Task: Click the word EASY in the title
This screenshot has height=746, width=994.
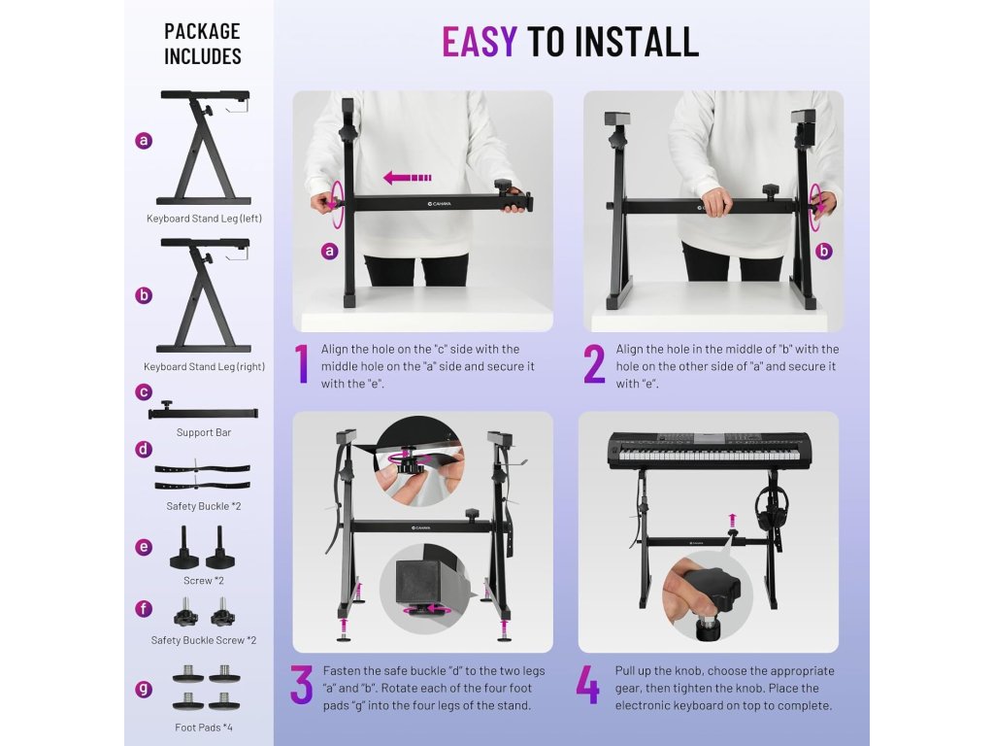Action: (480, 42)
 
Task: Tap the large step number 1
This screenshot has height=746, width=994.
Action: (303, 364)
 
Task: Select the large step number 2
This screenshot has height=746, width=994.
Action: (594, 364)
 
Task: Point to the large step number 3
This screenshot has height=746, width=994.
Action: (302, 685)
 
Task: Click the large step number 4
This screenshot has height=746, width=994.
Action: (587, 685)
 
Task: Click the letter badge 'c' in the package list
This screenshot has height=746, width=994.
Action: (144, 392)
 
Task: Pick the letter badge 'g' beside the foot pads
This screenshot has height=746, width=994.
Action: (144, 689)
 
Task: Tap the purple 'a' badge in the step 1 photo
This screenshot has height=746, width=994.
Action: (329, 252)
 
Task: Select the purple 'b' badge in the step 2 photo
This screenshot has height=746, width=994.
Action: (823, 252)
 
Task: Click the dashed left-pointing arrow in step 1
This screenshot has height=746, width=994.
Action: (408, 178)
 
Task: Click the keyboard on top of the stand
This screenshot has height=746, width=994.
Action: (710, 451)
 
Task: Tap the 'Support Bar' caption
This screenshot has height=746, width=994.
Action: (204, 432)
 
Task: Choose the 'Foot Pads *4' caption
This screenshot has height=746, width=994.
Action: (204, 728)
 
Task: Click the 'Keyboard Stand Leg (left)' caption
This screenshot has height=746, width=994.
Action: (204, 219)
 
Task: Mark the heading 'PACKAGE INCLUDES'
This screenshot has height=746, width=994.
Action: (203, 44)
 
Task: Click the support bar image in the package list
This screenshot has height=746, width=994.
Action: (203, 411)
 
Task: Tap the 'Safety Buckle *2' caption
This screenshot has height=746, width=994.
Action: (204, 506)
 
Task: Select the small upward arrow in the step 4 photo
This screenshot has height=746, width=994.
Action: (732, 520)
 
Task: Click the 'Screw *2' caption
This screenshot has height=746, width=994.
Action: (204, 581)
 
